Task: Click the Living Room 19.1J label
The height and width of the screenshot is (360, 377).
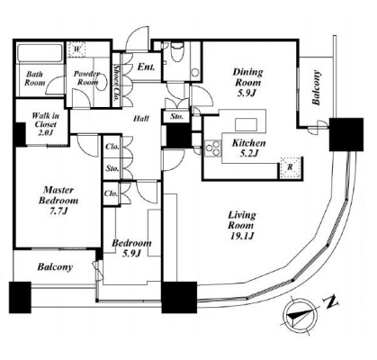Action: pyautogui.click(x=242, y=225)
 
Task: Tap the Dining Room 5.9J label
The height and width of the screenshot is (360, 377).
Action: pyautogui.click(x=247, y=82)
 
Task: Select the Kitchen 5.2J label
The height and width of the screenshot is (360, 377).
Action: pyautogui.click(x=249, y=148)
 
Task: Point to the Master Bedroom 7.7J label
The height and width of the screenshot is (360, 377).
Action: pyautogui.click(x=58, y=200)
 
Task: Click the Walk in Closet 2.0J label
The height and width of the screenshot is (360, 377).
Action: pyautogui.click(x=46, y=124)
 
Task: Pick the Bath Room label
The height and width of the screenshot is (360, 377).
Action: pyautogui.click(x=35, y=78)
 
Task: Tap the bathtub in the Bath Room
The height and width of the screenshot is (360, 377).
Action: pyautogui.click(x=40, y=53)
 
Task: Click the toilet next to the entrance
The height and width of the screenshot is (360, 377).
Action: pyautogui.click(x=176, y=51)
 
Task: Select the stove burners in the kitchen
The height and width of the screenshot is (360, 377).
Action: pyautogui.click(x=212, y=148)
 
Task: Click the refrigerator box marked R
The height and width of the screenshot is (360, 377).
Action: pyautogui.click(x=290, y=167)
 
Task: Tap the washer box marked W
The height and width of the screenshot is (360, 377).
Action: pyautogui.click(x=76, y=49)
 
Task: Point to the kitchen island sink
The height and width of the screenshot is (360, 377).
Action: pyautogui.click(x=246, y=124)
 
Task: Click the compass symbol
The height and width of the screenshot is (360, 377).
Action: pyautogui.click(x=301, y=315)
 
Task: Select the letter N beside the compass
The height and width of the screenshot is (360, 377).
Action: pyautogui.click(x=331, y=302)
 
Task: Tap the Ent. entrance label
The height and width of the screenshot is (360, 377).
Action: pyautogui.click(x=146, y=67)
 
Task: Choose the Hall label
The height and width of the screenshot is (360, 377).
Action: pyautogui.click(x=141, y=119)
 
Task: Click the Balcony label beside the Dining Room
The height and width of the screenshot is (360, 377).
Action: pyautogui.click(x=316, y=87)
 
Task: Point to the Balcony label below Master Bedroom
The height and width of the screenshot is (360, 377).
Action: pyautogui.click(x=55, y=267)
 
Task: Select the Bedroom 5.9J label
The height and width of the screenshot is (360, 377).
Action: pyautogui.click(x=131, y=248)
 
